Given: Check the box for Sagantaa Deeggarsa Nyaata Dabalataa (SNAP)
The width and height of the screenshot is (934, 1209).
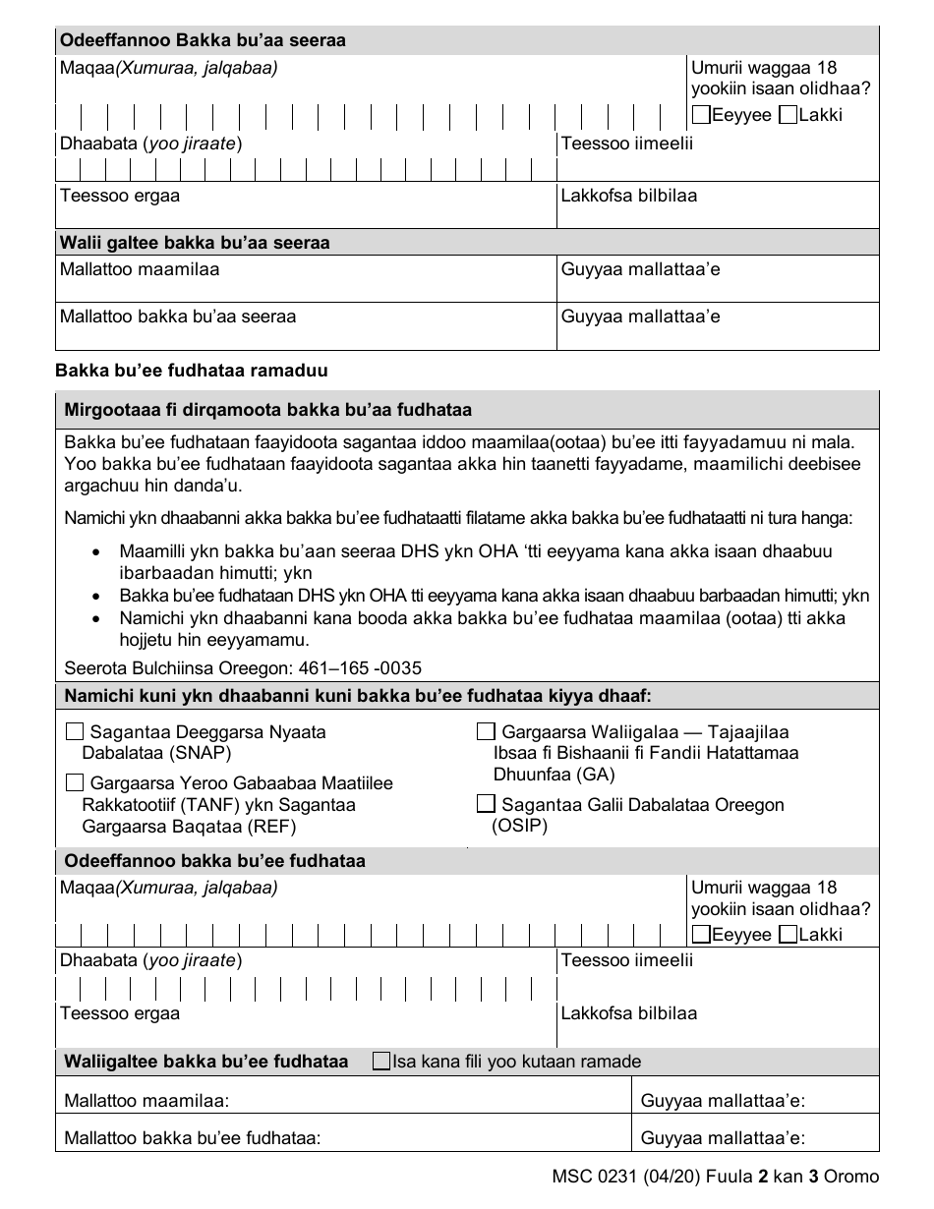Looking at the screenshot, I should pyautogui.click(x=75, y=732).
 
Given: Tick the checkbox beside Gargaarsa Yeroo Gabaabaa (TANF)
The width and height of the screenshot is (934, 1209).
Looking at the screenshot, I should pyautogui.click(x=75, y=783).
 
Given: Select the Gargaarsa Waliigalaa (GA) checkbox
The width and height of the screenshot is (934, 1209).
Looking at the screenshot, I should pyautogui.click(x=486, y=732).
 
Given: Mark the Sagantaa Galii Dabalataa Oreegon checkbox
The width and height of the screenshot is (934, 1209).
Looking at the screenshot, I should pyautogui.click(x=486, y=804).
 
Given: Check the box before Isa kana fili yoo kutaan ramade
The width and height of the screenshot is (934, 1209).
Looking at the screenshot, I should pyautogui.click(x=381, y=1062).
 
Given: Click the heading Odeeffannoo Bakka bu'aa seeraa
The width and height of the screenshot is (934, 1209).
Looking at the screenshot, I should pyautogui.click(x=204, y=41).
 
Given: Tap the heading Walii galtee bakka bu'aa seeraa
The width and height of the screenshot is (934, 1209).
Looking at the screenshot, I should pyautogui.click(x=195, y=242).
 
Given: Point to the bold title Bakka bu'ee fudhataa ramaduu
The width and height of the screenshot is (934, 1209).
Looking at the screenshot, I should pyautogui.click(x=192, y=371).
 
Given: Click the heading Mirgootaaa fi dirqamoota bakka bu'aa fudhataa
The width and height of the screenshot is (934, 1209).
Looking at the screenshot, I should pyautogui.click(x=267, y=410).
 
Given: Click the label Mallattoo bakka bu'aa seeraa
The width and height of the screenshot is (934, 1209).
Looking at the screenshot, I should pyautogui.click(x=178, y=317).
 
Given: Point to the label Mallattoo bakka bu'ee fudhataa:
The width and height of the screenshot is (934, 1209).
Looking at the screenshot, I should pyautogui.click(x=193, y=1138).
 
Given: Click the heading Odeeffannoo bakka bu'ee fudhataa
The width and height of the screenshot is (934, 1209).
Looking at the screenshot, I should pyautogui.click(x=214, y=861).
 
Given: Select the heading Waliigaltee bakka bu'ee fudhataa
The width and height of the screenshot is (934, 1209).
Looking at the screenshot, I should pyautogui.click(x=205, y=1062).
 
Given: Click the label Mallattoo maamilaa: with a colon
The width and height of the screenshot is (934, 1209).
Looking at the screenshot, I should pyautogui.click(x=146, y=1101).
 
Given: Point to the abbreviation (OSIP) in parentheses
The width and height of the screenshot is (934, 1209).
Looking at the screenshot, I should pyautogui.click(x=519, y=826).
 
